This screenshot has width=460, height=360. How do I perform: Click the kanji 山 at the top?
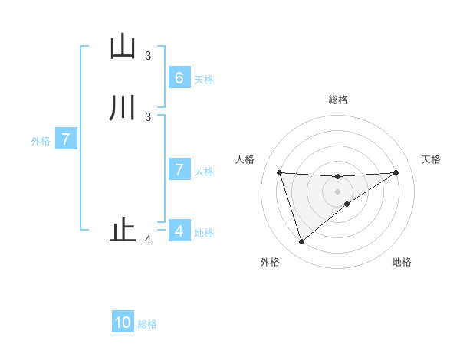pyautogui.click(x=122, y=47)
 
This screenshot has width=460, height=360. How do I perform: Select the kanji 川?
pyautogui.click(x=122, y=107)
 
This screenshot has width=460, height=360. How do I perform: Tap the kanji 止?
pyautogui.click(x=123, y=231)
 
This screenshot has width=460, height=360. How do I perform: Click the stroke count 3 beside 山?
pyautogui.click(x=148, y=56)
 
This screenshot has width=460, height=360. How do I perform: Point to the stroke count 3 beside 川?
pyautogui.click(x=148, y=116)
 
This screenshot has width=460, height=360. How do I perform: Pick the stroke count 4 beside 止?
pyautogui.click(x=148, y=241)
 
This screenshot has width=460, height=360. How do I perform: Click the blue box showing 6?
pyautogui.click(x=179, y=78)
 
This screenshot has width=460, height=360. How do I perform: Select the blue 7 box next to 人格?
pyautogui.click(x=179, y=170)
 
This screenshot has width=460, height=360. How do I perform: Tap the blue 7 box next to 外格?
pyautogui.click(x=66, y=140)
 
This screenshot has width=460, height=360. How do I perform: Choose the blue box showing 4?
pyautogui.click(x=179, y=231)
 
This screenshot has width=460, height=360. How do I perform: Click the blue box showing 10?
pyautogui.click(x=123, y=322)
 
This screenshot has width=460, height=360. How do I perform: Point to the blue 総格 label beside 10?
pyautogui.click(x=147, y=324)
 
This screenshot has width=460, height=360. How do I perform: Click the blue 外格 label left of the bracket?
pyautogui.click(x=41, y=141)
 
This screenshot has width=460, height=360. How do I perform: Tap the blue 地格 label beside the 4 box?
pyautogui.click(x=204, y=232)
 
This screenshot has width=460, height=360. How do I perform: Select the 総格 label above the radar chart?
pyautogui.click(x=337, y=100)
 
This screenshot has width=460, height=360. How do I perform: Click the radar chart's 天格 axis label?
pyautogui.click(x=432, y=159)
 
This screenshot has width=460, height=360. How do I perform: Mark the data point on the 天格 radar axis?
pyautogui.click(x=396, y=172)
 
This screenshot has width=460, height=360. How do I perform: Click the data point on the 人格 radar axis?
pyautogui.click(x=279, y=172)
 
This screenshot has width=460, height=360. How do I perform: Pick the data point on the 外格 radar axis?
pyautogui.click(x=301, y=241)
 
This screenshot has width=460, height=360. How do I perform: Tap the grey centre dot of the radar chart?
pyautogui.click(x=337, y=191)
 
